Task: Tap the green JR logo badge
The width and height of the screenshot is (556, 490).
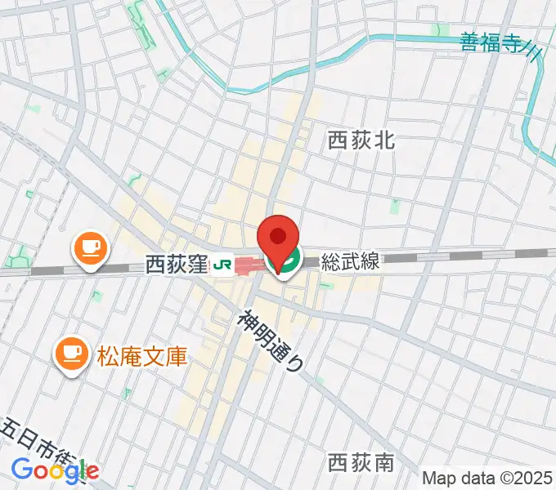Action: [220, 265]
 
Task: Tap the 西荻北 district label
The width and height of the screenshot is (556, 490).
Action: [361, 140]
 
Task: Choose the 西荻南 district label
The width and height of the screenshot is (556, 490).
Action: [361, 464]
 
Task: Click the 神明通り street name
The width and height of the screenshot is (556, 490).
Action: [271, 341]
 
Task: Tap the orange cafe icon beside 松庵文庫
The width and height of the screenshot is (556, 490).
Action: [71, 354]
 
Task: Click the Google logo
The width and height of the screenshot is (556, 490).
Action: [55, 470]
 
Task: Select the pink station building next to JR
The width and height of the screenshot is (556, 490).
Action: [245, 265]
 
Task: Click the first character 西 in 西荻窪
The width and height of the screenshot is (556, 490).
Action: [155, 265]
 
